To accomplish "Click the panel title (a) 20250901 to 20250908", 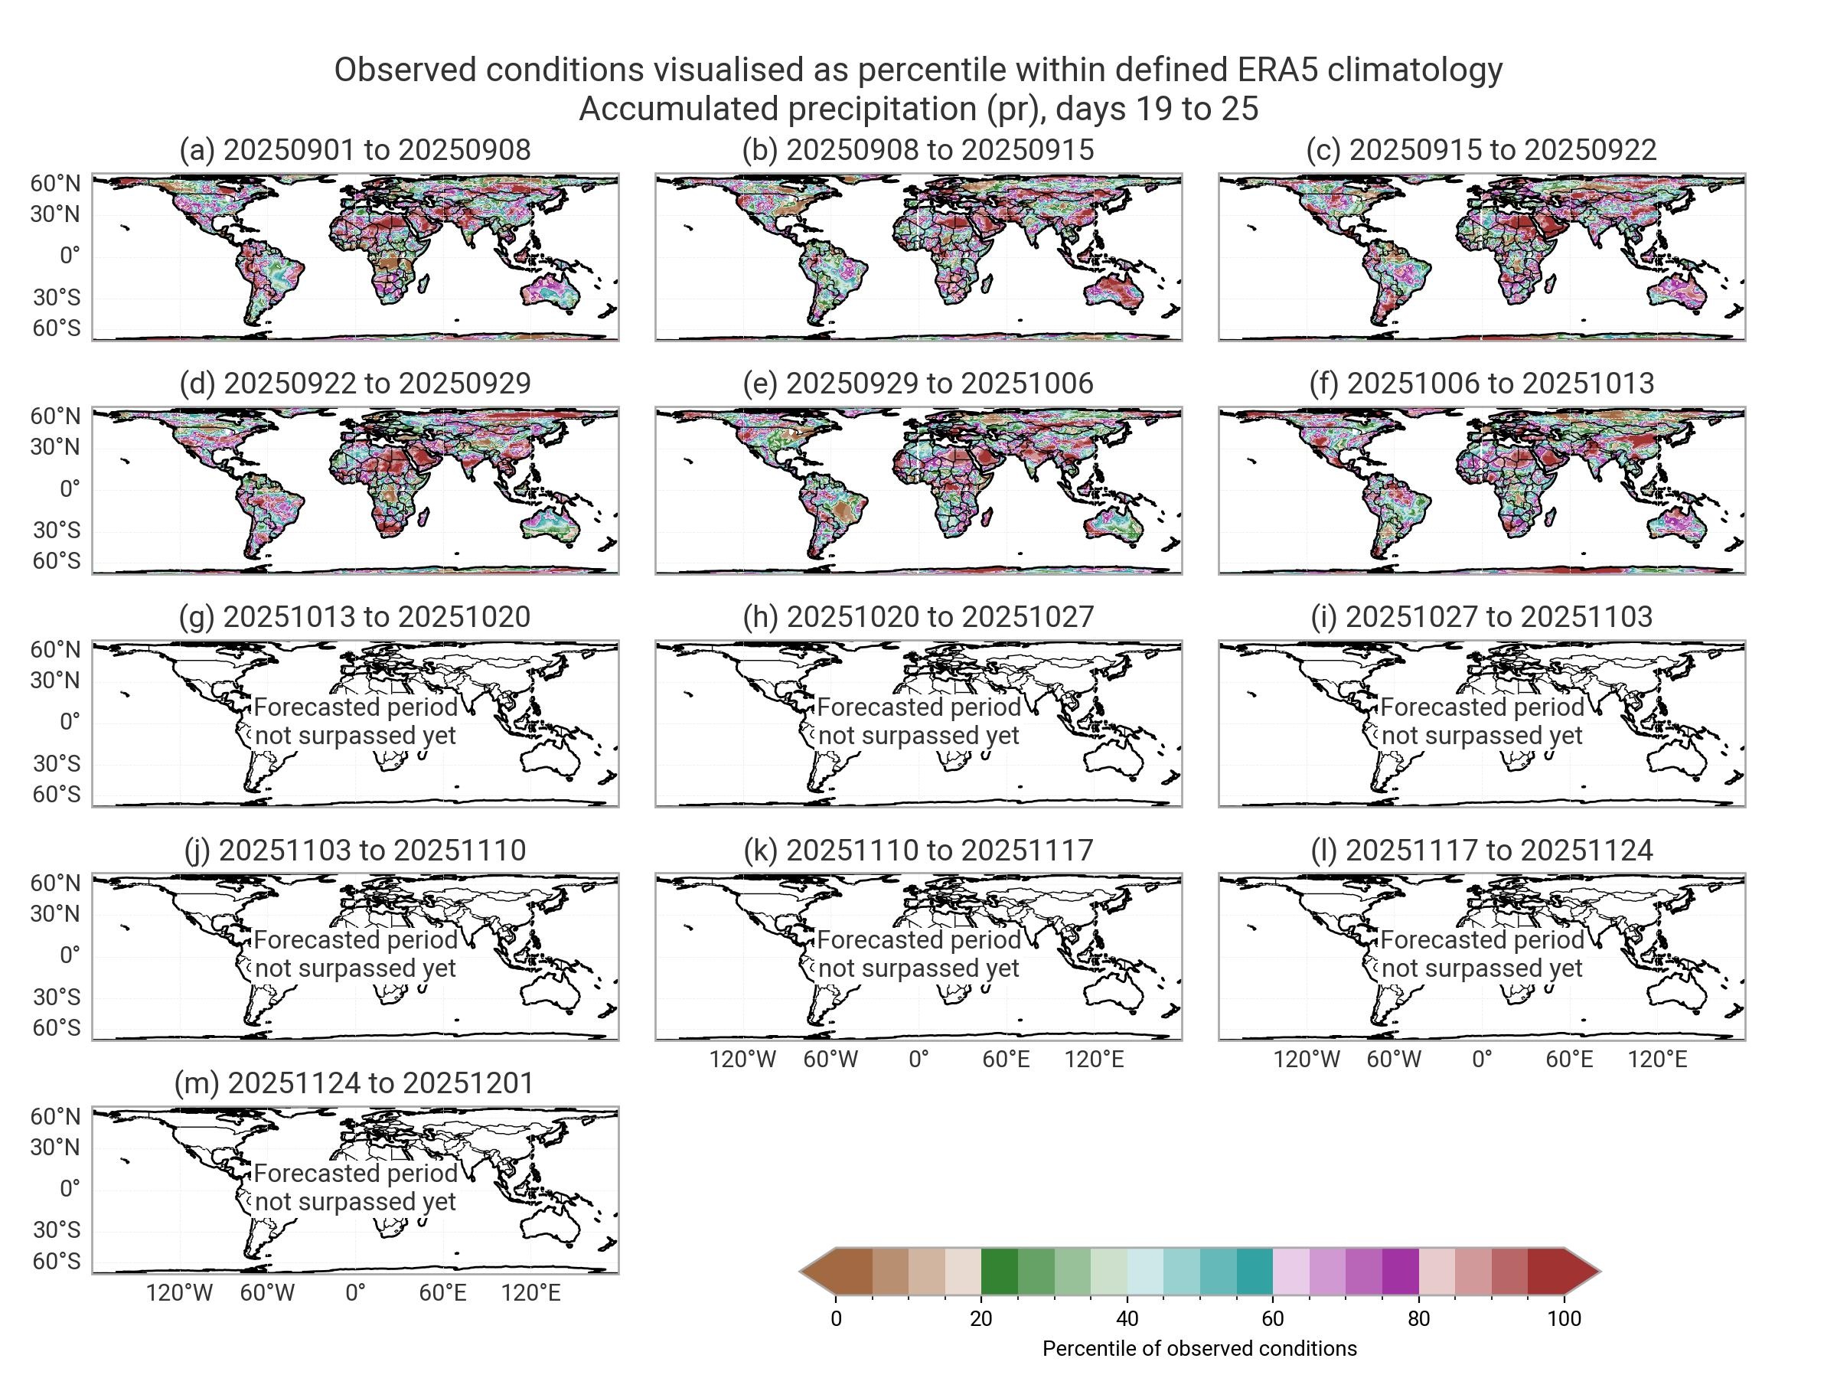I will tap(354, 149).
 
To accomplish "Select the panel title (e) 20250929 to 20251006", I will tap(918, 383).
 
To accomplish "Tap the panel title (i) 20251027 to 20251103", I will tap(1482, 616).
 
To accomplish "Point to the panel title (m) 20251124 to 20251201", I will tap(354, 1082).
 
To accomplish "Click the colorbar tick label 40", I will tap(1127, 1318).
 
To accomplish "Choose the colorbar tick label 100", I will tap(1564, 1318).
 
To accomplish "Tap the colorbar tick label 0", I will tap(836, 1318).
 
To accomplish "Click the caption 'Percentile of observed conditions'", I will tap(1199, 1348).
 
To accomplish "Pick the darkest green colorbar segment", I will tap(999, 1271).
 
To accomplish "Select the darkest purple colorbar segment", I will tap(1400, 1271).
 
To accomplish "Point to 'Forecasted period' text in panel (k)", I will tap(918, 939).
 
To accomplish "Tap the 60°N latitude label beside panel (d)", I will tap(56, 416).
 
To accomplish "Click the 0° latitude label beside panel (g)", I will tap(70, 721).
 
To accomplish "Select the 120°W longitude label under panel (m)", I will tap(179, 1292).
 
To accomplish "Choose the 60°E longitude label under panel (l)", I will tap(1569, 1059).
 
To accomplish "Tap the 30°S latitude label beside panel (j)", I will tap(56, 996).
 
